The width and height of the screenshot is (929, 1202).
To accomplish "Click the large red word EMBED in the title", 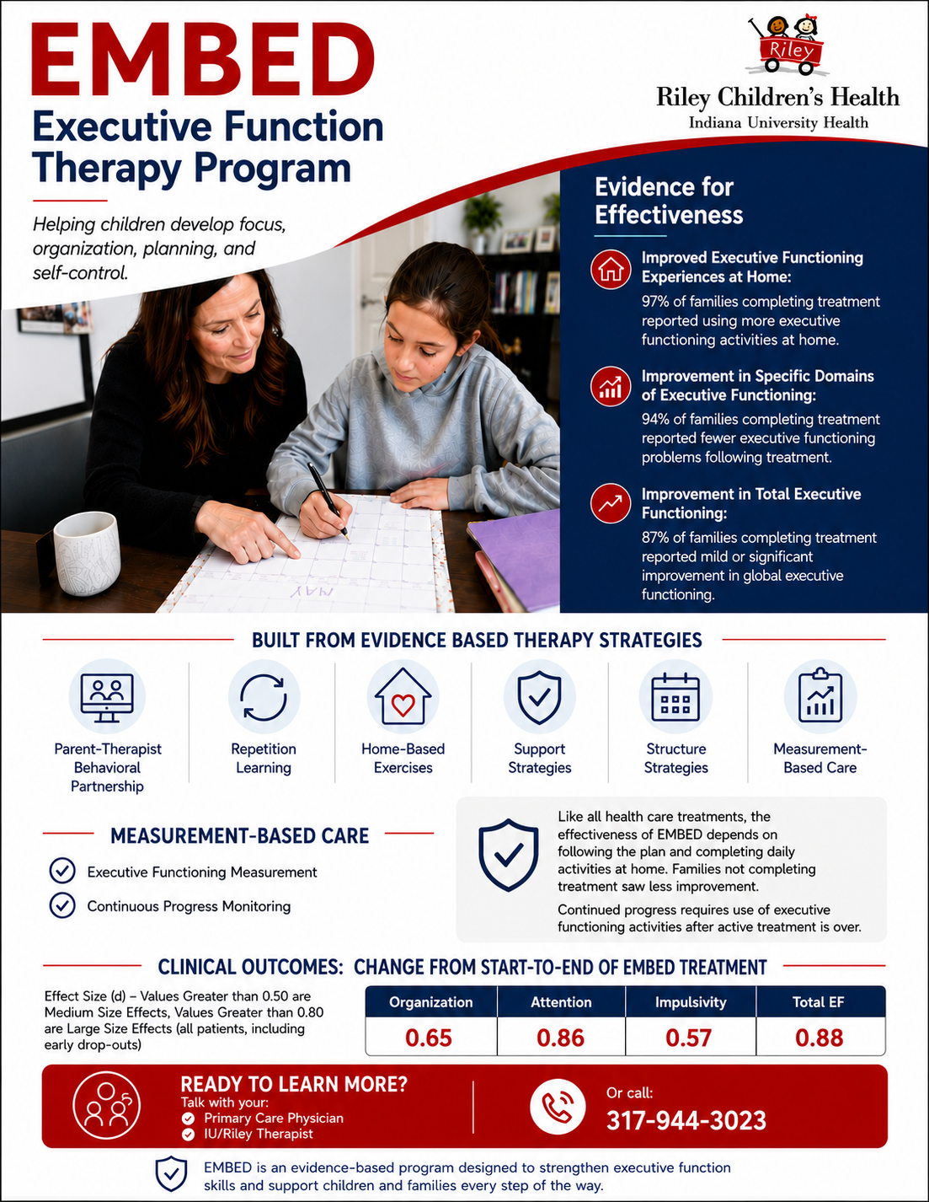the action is pos(203,60).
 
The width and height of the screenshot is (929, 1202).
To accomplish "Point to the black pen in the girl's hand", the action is pos(328,501).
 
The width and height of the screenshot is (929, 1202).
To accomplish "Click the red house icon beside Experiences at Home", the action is pos(610,270).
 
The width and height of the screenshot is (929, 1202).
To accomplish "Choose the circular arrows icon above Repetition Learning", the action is pos(264,697).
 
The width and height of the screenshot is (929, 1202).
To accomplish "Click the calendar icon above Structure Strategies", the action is pos(675,697).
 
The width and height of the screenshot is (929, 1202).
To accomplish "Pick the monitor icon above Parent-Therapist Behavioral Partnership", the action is pos(107,698).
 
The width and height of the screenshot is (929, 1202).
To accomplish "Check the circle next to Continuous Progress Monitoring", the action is pos(62,906).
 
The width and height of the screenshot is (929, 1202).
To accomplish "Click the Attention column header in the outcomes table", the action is pos(561,1001).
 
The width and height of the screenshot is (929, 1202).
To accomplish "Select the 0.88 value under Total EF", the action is pos(819,1038).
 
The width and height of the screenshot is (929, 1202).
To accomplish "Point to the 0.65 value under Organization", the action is pos(429,1038).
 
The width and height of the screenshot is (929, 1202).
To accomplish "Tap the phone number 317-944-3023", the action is pos(686,1120).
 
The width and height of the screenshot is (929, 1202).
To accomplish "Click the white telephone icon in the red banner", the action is pos(557,1106).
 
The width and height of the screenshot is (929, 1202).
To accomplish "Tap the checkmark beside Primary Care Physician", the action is pos(188,1119).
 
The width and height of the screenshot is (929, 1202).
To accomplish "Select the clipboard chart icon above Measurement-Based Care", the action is pos(820,696).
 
